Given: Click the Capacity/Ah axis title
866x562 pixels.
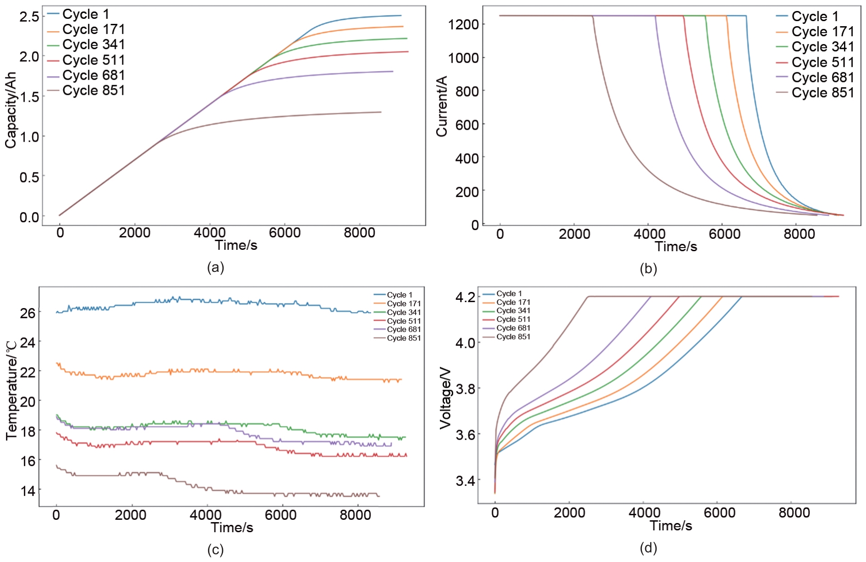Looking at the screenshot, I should coord(11,110).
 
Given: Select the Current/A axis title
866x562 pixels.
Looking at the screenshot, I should coord(441,106).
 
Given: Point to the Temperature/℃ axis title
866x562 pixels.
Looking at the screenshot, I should coord(11,391).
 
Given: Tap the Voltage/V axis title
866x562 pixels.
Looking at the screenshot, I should coord(445,398).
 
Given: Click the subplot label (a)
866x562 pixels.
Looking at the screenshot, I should coord(215,267).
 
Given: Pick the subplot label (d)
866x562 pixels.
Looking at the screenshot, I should coord(648,547).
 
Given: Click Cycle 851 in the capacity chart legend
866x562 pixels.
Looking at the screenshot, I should coord(93,90).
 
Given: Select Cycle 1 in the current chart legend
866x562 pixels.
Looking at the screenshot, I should coord(815,17).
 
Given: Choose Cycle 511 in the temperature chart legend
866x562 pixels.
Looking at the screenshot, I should coord(403,321).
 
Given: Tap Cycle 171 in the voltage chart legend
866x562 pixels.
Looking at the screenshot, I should coord(513,302).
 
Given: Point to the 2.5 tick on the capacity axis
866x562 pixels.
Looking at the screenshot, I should coord(29,17).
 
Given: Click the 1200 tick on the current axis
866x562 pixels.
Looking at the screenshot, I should coord(463,24).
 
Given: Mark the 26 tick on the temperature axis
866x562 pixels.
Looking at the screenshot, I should coord(27,313).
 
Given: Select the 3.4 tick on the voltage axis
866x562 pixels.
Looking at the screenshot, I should coord(465,480).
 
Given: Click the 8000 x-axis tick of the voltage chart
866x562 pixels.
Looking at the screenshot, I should coord(794,512).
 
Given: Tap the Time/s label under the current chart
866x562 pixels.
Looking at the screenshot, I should coord(676,247).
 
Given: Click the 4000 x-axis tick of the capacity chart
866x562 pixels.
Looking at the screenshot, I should coord(209,233).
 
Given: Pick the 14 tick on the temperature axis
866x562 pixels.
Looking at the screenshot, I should coord(27,491).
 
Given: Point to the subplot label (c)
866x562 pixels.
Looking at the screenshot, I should coord(215,550).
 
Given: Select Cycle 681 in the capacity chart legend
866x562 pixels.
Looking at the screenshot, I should coord(93,75).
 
